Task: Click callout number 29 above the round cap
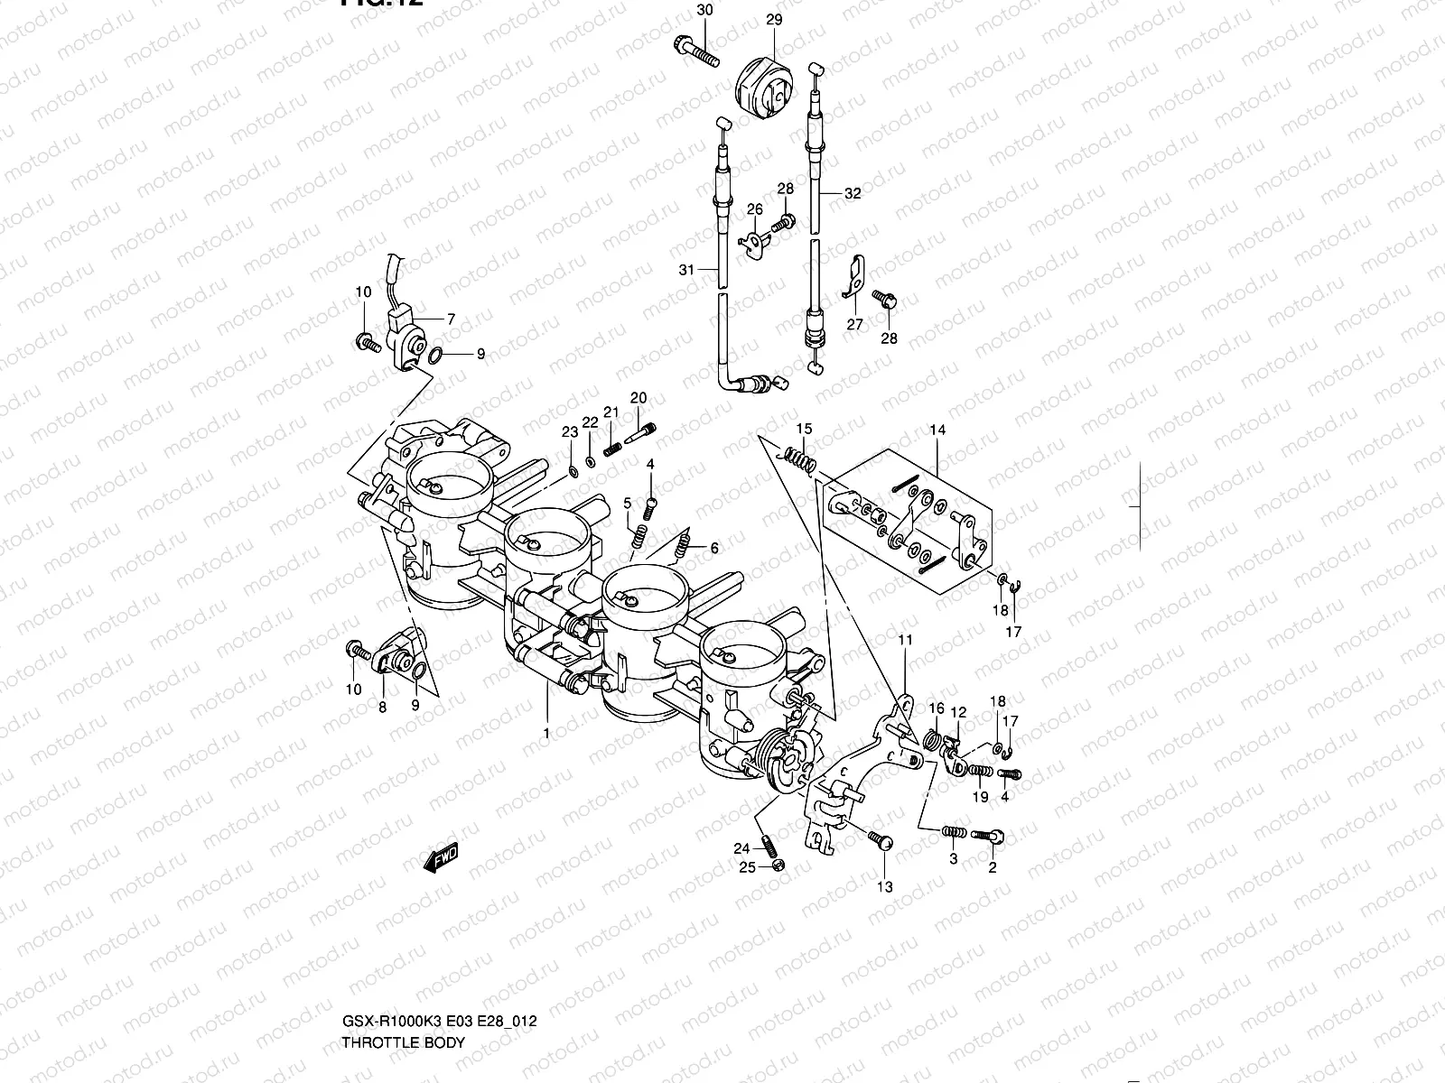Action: click(774, 19)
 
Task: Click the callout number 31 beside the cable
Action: click(686, 270)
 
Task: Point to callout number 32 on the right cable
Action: click(853, 193)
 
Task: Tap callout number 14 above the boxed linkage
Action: click(937, 430)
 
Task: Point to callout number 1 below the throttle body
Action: click(545, 734)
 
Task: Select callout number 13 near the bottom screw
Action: click(884, 887)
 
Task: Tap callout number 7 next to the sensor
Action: click(450, 319)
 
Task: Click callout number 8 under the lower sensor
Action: click(382, 708)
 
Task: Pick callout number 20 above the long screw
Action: click(639, 398)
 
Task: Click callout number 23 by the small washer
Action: click(569, 433)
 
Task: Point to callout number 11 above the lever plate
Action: click(906, 640)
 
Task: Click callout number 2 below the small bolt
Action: click(993, 868)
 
